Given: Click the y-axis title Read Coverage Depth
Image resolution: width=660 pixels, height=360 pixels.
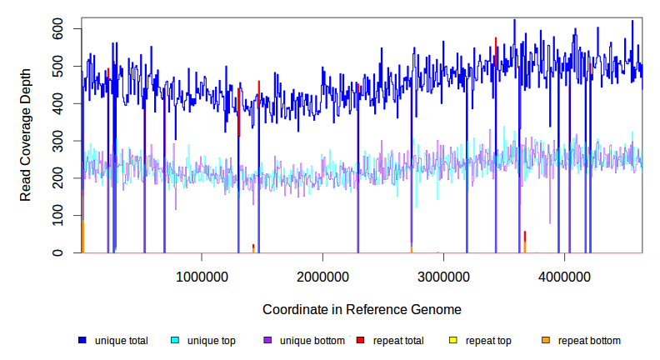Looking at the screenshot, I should tap(26, 141).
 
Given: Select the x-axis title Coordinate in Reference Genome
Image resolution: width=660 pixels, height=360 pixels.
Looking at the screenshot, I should tap(362, 309).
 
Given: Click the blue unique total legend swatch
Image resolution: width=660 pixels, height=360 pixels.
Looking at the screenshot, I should tap(82, 341).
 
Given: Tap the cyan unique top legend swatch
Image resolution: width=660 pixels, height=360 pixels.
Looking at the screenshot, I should tap(175, 341).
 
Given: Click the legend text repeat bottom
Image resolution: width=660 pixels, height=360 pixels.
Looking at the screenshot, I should tap(589, 341).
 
